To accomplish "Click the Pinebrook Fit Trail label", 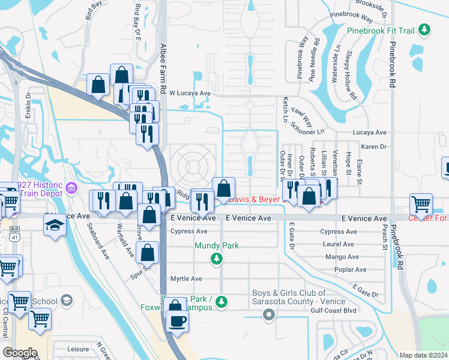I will (381, 29).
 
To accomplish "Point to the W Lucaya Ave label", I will (190, 93).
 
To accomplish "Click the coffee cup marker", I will (176, 321).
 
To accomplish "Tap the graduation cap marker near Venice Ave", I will (55, 225).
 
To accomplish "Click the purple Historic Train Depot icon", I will (71, 190).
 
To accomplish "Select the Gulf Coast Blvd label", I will (334, 311).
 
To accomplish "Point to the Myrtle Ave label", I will (186, 279).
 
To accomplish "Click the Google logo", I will (20, 353).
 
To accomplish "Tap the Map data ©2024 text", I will (423, 355).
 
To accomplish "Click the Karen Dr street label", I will (373, 146).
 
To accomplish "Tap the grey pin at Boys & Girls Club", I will (269, 314).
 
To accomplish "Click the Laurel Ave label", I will (338, 245).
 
